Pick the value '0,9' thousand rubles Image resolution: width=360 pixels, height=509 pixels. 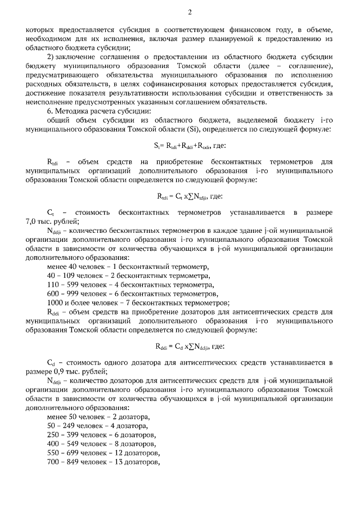tap(66, 371)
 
